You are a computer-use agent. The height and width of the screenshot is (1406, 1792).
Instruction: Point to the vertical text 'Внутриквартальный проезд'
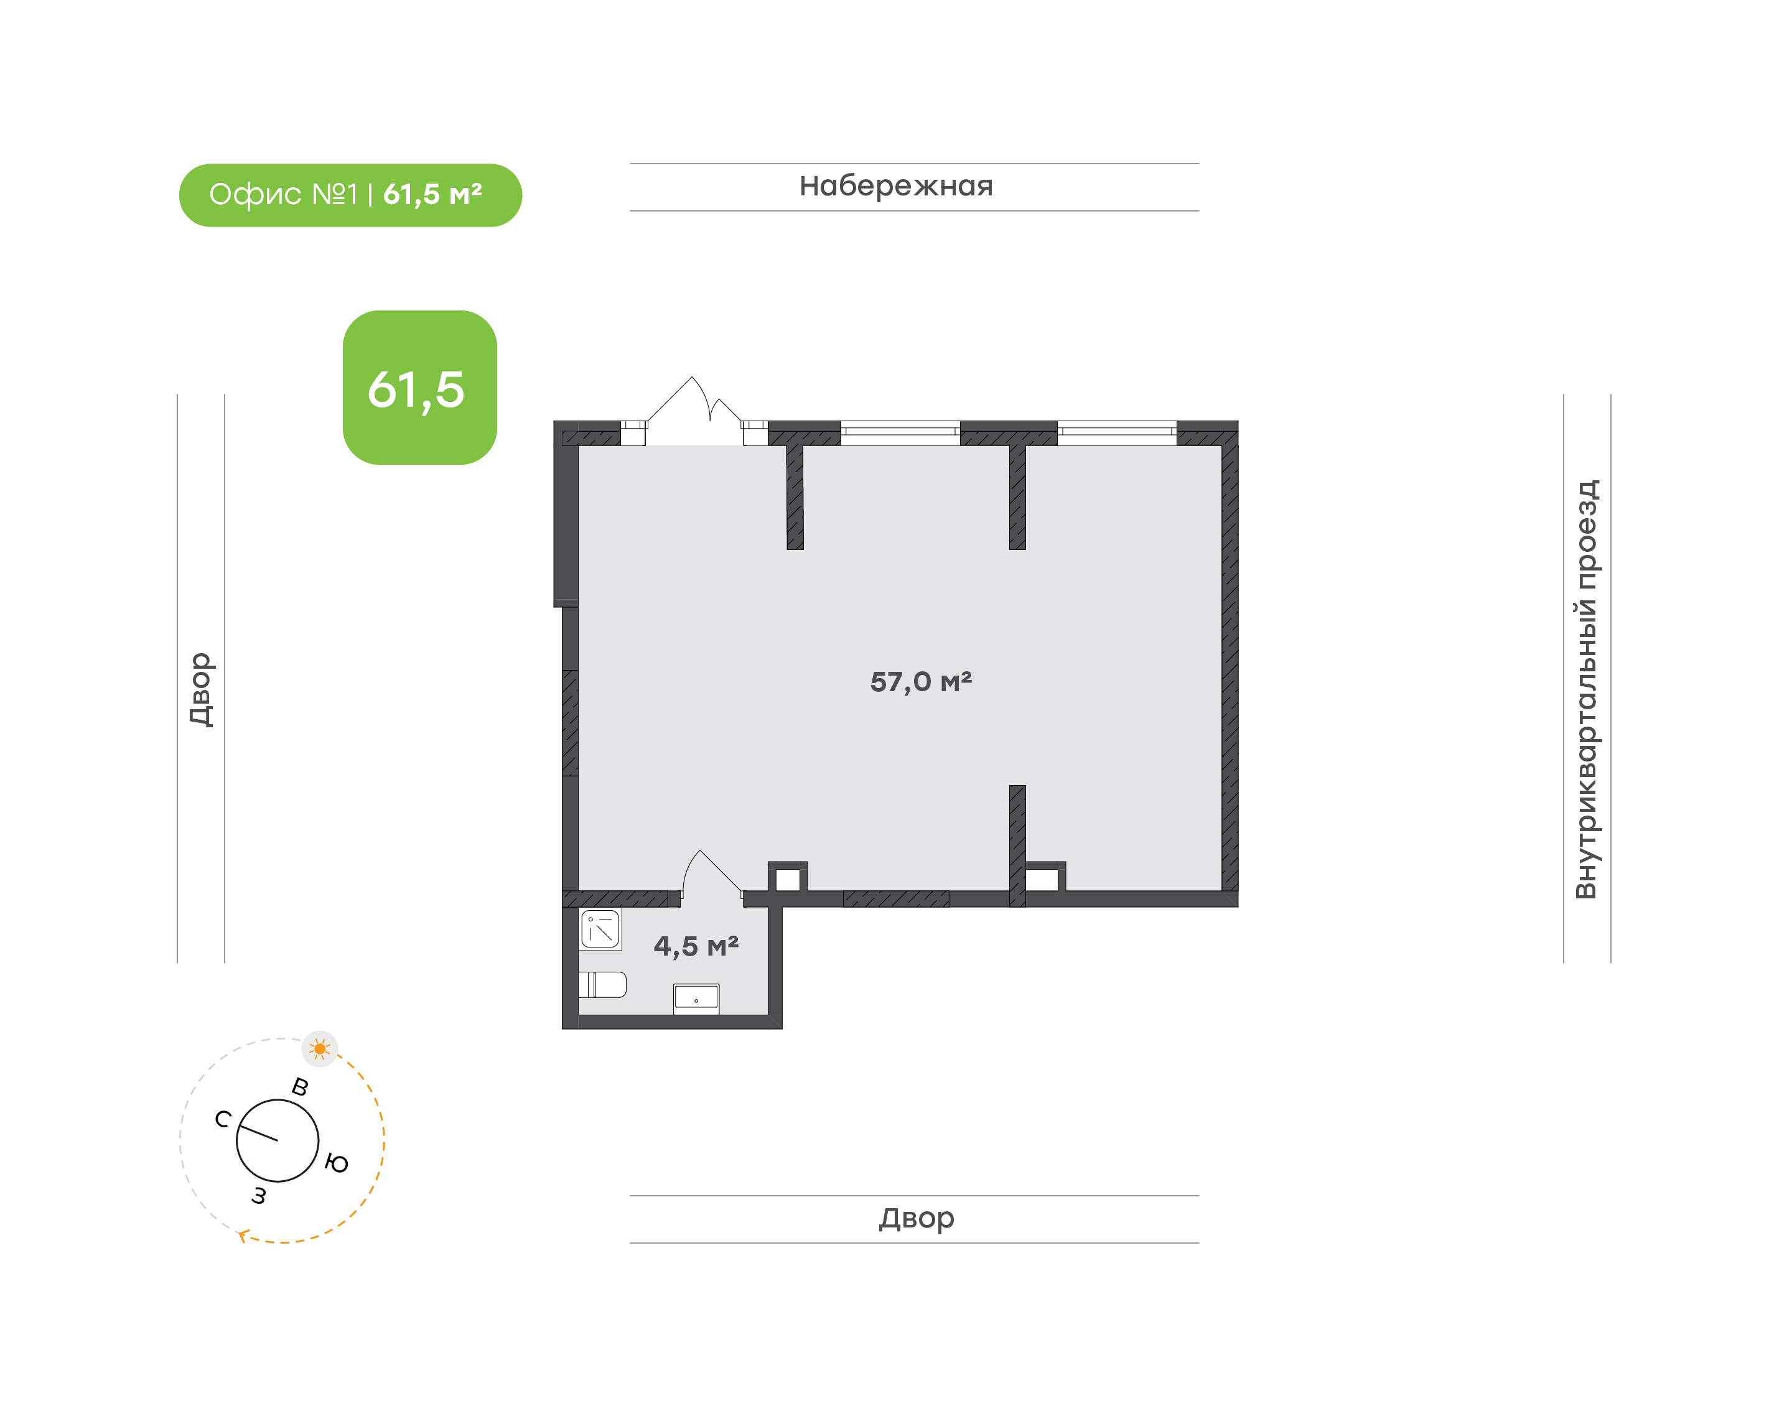point(1585,689)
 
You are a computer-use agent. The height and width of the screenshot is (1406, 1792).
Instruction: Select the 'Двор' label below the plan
point(916,1218)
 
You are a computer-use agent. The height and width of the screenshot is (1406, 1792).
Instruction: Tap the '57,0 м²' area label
point(920,682)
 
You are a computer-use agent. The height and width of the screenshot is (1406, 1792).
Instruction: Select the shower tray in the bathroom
point(600,929)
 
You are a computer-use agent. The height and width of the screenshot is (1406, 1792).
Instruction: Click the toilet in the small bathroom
point(602,985)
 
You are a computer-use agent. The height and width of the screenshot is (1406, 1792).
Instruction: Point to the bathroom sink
point(696,999)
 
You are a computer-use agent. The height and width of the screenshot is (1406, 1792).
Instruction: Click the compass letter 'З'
point(259,1195)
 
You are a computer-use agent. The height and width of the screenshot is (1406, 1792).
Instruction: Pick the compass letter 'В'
point(301,1087)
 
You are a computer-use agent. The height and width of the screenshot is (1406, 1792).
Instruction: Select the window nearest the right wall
point(1117,433)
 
